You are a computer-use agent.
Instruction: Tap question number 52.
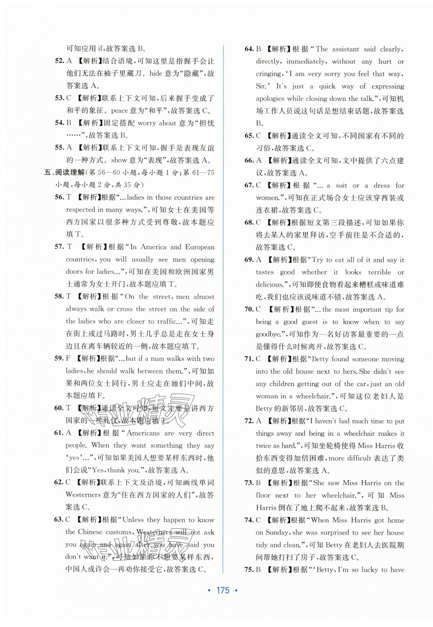click(x=59, y=61)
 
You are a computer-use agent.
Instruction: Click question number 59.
click(x=59, y=358)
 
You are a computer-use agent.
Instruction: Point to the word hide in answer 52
click(x=156, y=73)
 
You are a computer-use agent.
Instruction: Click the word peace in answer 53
click(x=119, y=110)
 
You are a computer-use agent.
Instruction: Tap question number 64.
click(x=249, y=49)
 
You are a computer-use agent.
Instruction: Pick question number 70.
click(x=249, y=309)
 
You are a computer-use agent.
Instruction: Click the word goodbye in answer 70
click(x=268, y=334)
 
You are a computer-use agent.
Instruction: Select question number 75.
click(x=249, y=570)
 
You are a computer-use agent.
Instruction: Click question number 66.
click(x=249, y=160)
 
